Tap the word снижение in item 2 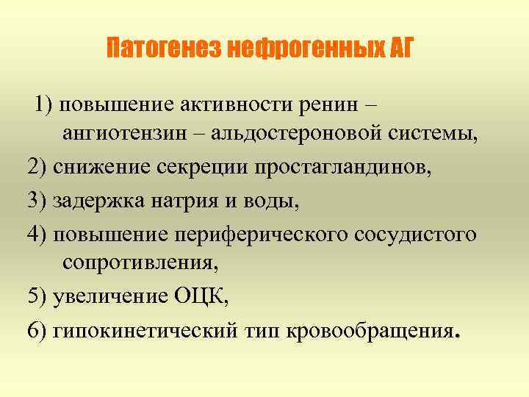pyautogui.click(x=103, y=167)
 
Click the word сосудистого pyautogui.click(x=416, y=233)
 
